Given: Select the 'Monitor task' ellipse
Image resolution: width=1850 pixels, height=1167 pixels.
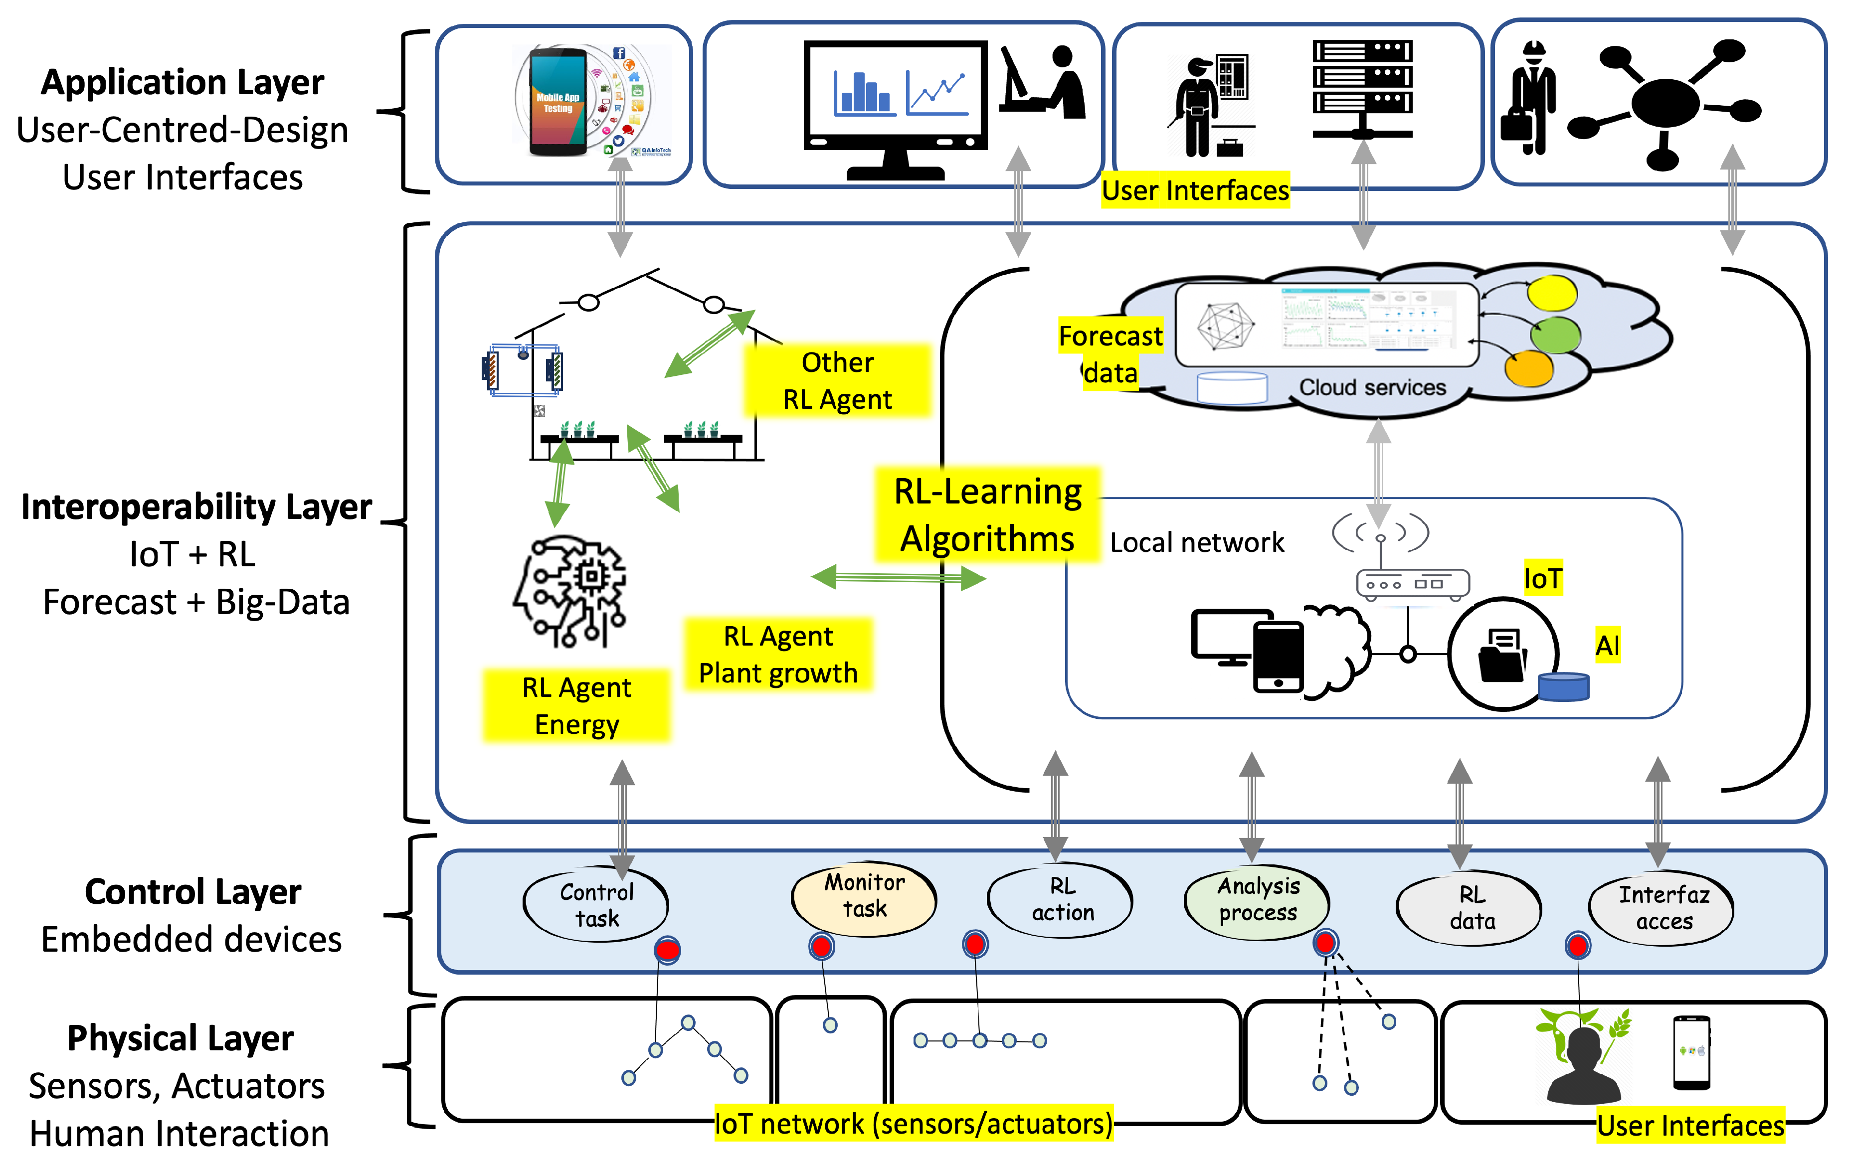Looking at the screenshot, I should point(864,896).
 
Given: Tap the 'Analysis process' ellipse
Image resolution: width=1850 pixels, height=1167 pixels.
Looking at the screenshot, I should point(1257,900).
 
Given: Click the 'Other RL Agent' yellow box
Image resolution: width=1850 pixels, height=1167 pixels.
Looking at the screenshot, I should point(837,380).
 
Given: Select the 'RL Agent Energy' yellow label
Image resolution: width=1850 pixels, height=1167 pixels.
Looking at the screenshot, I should point(576,705).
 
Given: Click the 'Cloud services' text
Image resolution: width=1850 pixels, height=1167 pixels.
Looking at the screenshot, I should point(1372,387).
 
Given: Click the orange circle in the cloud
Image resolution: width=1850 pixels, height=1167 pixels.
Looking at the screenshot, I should point(1529,369).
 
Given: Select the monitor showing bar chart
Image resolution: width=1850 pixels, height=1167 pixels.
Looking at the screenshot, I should point(895,104).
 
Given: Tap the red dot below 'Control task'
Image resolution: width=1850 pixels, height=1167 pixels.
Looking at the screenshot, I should point(667,950).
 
